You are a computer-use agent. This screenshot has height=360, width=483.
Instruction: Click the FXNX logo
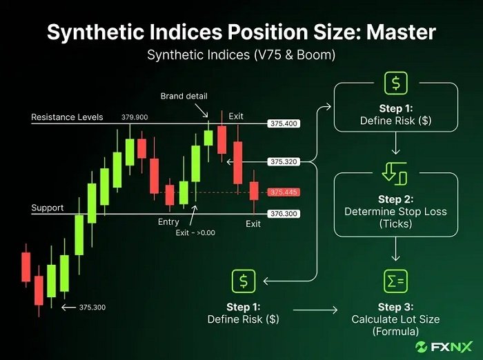pos(444,347)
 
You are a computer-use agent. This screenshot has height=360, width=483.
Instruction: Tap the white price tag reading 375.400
pos(284,123)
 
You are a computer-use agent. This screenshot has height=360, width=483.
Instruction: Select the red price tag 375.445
pos(284,192)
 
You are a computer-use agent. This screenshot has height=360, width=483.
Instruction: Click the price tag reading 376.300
pos(284,214)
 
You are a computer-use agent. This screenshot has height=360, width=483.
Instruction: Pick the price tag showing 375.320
pos(284,161)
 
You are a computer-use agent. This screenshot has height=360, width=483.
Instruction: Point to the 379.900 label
pos(135,117)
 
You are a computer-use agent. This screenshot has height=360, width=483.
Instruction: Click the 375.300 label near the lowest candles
pos(92,308)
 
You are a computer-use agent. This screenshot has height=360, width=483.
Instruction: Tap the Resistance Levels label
pos(67,117)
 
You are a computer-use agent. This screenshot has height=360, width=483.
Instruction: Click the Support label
pos(48,208)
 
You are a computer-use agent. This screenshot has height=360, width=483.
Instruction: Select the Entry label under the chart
pos(168,222)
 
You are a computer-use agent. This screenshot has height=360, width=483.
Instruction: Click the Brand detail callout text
pos(184,96)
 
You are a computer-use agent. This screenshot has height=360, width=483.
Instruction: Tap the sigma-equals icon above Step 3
pos(396,281)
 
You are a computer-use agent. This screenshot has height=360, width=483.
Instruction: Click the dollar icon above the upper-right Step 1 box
pos(396,83)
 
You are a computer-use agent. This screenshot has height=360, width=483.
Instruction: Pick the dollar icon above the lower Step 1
pos(244,281)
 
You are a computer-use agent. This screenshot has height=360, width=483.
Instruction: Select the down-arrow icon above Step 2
pos(395,174)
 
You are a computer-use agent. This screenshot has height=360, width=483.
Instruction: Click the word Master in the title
pos(401,32)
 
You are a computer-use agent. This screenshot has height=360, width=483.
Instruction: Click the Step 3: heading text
pos(396,307)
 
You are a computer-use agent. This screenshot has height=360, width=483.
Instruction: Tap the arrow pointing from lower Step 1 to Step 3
pos(315,310)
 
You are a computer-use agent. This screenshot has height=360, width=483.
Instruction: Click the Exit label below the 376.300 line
pos(253,224)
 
